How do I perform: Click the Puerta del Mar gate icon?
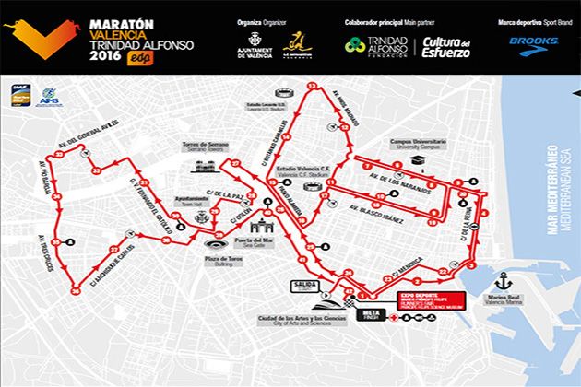click(x=268, y=223)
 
